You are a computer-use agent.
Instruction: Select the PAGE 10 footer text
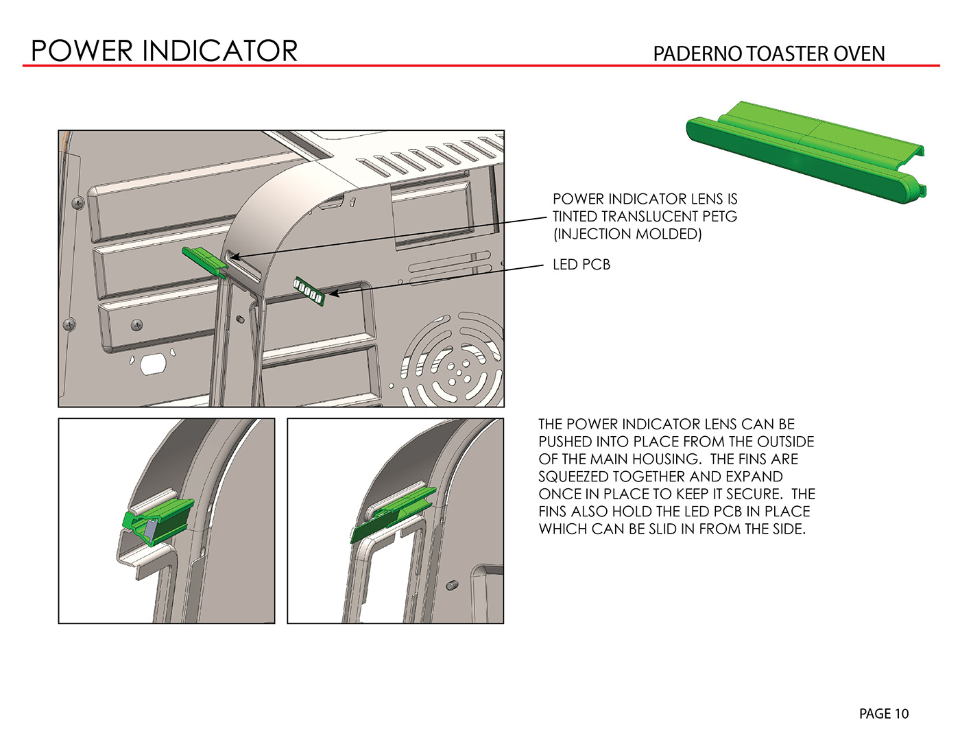pos(884,713)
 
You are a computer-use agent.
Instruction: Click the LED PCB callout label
pos(581,265)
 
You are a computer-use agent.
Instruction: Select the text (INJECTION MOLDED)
pos(627,234)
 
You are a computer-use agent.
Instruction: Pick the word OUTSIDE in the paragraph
pos(786,442)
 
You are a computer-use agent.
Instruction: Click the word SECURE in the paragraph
pos(754,494)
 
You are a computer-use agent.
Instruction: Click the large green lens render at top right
pos(806,152)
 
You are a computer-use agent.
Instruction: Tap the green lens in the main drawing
pos(205,262)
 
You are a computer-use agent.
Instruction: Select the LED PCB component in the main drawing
pos(309,291)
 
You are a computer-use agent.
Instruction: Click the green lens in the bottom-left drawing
pos(158,522)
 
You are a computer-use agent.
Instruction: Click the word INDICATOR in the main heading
pos(219,51)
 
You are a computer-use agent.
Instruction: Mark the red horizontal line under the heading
pos(481,66)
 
